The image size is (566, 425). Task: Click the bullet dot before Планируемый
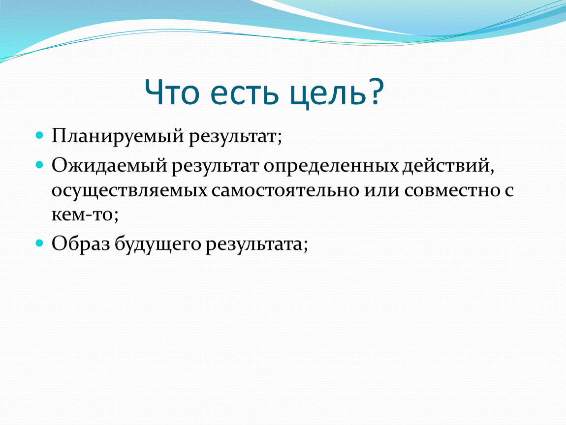[39, 136]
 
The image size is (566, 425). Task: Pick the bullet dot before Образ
[39, 243]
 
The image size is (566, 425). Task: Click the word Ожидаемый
[109, 166]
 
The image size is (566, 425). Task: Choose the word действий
[446, 166]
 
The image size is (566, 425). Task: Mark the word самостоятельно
[285, 190]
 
